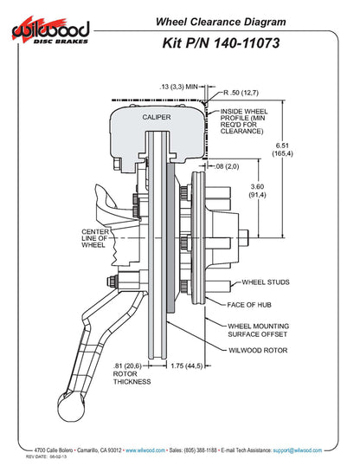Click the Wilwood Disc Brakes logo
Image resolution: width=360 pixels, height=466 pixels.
pos(50,30)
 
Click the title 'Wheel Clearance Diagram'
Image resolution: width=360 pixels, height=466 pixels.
pos(221,22)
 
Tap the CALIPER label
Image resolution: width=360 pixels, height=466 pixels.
pos(157,117)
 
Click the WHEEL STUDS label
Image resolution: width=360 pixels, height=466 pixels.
pos(266,282)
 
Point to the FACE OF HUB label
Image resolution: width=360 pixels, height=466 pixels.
pos(249,305)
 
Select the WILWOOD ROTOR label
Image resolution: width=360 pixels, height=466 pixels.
pos(258,351)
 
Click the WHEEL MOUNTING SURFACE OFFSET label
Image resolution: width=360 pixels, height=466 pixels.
pos(258,330)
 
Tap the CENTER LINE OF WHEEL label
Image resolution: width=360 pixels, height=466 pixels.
pos(94,238)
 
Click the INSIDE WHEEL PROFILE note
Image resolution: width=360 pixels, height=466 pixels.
pos(243,121)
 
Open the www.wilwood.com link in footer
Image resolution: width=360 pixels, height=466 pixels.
pos(145,450)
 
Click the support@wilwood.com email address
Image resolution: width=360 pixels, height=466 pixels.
pos(298,450)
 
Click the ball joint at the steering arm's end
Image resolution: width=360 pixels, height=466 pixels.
pos(71,406)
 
